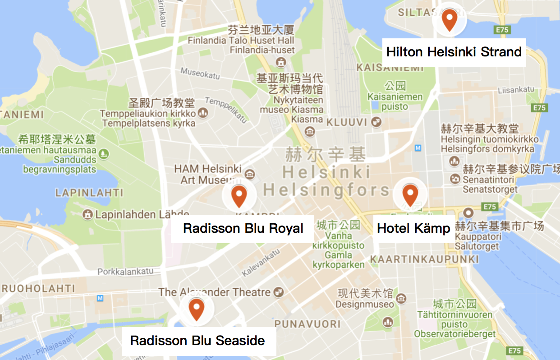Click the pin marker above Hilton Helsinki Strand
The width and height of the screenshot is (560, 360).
coord(449,19)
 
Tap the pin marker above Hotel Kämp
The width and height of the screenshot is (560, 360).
coord(410,194)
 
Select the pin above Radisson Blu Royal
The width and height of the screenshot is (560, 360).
coord(239,195)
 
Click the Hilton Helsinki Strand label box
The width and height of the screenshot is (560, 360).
coord(454,52)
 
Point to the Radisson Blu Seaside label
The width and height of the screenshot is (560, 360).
coord(197,341)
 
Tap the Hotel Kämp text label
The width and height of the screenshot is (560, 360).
coord(413,228)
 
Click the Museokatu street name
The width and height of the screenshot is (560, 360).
coord(200,73)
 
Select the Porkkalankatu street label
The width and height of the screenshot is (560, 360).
coord(129,272)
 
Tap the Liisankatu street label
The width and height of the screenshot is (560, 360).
coord(515,90)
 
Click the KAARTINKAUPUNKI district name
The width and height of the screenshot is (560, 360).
coord(424,259)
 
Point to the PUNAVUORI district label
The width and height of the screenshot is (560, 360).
coord(308,324)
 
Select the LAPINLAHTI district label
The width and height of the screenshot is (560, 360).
coord(89,193)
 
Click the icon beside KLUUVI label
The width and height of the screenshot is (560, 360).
coord(376,122)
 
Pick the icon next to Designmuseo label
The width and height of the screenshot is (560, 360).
coord(400,298)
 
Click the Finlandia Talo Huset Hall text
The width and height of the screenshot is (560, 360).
coord(241,41)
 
